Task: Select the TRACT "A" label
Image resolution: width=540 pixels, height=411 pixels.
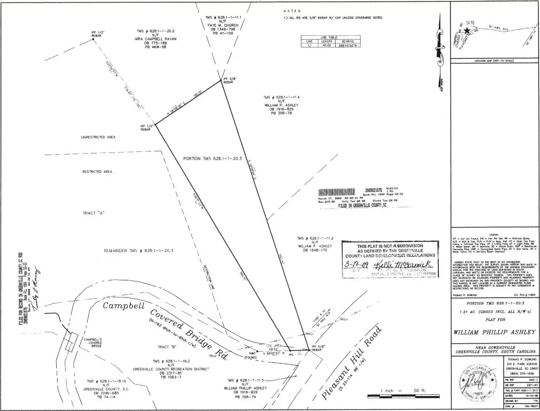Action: [93, 212]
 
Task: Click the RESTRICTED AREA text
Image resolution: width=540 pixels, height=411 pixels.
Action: [97, 172]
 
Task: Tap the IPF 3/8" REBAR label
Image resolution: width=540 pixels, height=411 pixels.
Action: [229, 81]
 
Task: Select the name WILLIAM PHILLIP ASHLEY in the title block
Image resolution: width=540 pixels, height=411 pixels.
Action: [494, 332]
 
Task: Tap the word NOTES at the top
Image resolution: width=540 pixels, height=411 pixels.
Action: [292, 11]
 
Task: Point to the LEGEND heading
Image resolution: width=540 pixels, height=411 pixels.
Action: [493, 235]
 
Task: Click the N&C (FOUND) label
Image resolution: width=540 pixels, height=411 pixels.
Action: [250, 355]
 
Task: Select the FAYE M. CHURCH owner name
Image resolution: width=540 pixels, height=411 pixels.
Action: [223, 25]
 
